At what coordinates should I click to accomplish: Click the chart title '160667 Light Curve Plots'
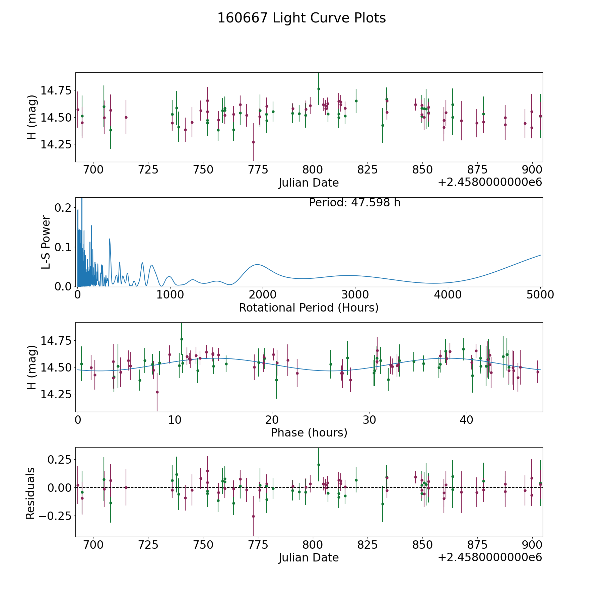301,18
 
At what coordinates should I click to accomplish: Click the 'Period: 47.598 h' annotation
355,203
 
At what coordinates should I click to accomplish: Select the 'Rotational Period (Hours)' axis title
309,308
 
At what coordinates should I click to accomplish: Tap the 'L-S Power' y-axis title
47,242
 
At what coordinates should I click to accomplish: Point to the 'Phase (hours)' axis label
309,432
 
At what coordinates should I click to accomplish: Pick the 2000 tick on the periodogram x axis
263,295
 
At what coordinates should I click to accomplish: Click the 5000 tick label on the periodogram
540,295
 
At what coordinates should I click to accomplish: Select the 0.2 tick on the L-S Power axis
63,208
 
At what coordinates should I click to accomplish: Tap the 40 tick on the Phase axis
466,420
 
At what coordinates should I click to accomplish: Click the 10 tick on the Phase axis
175,420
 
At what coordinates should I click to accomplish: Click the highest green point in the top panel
319,89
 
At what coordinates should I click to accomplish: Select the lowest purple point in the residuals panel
253,516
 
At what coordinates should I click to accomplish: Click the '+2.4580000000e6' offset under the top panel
490,182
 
